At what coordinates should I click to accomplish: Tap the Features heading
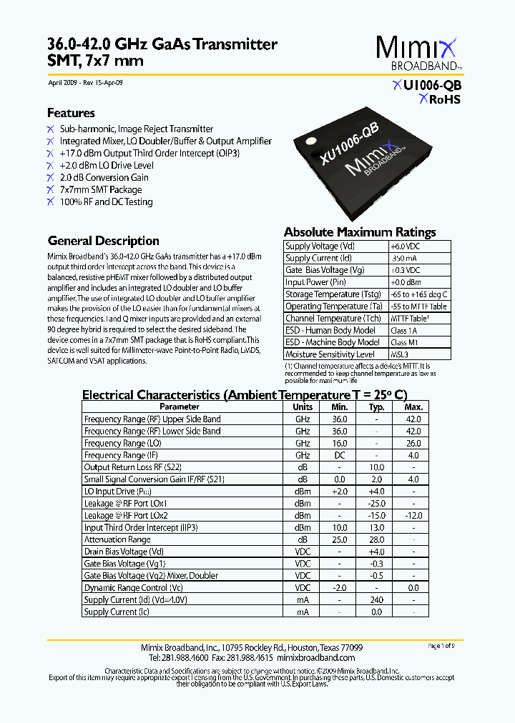71,113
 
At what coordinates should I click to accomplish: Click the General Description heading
103,241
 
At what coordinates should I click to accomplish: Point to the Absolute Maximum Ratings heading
360,232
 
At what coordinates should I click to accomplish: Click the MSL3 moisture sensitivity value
400,354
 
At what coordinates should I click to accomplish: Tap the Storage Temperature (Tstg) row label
333,294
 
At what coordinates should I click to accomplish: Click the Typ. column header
376,407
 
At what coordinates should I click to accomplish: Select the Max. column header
413,407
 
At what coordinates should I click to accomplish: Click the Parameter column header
180,407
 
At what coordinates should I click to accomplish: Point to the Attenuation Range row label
117,540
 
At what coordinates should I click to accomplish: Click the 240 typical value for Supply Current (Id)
376,600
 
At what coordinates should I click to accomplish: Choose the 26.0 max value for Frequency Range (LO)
413,443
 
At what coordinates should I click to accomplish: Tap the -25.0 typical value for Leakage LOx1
376,504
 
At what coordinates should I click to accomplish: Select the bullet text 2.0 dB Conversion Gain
104,177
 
